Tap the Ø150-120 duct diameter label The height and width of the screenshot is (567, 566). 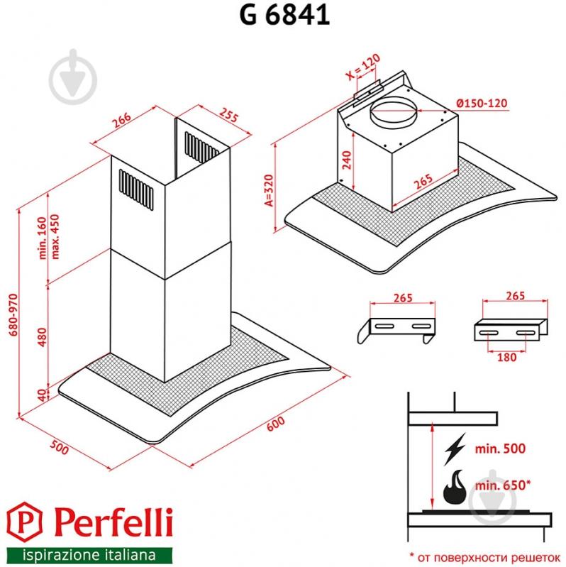pos(482,104)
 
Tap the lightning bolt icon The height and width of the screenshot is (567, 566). pos(452,450)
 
